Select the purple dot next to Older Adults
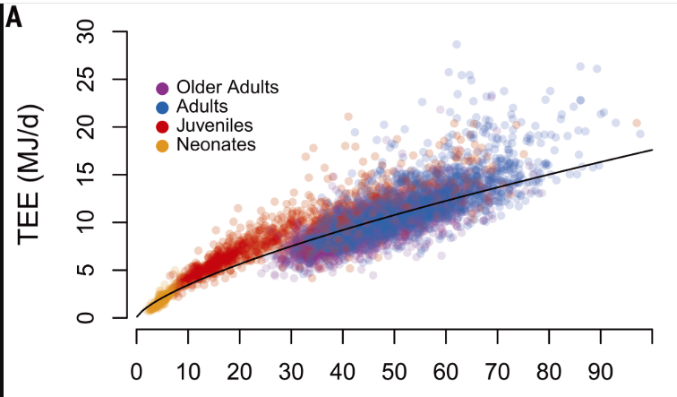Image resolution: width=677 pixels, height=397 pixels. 162,88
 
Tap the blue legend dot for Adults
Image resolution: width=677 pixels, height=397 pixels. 162,107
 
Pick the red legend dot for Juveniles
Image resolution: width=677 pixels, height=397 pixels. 162,125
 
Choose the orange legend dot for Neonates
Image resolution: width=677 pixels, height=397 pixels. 162,144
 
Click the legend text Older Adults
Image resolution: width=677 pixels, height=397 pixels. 227,88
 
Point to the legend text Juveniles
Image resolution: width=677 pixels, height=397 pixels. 215,125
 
